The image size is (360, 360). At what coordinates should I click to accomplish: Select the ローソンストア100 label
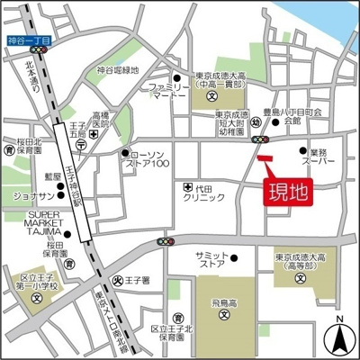pos(149,158)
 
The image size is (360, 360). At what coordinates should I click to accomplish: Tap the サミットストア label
pos(211,261)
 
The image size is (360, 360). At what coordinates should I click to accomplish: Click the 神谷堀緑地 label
pos(118,70)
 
